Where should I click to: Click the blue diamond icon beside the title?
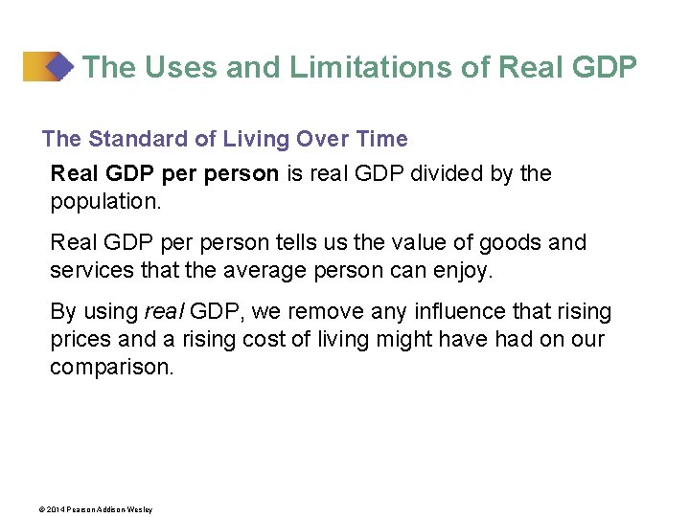coord(59,67)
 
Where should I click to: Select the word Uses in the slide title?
coord(175,67)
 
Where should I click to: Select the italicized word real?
coord(166,312)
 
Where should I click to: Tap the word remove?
coord(329,312)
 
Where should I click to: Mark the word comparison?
coord(112,368)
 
